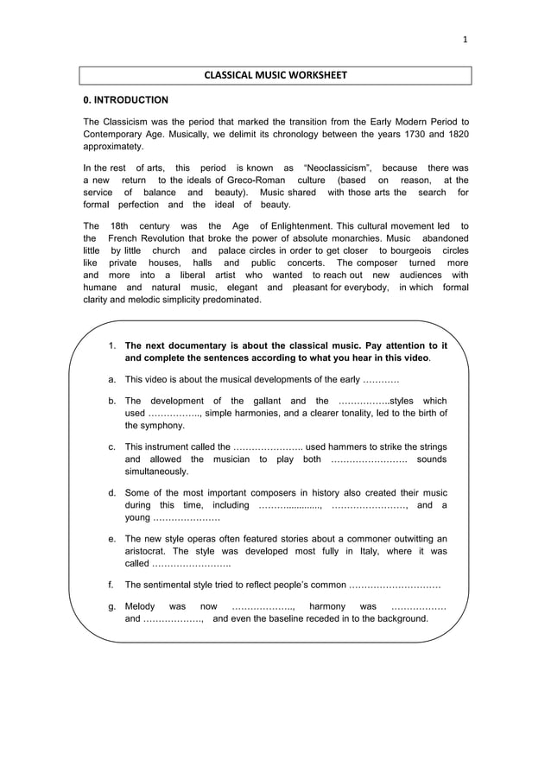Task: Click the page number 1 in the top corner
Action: point(465,39)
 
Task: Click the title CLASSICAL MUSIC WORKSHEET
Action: point(275,75)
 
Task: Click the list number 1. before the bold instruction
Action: point(112,345)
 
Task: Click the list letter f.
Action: point(111,584)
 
